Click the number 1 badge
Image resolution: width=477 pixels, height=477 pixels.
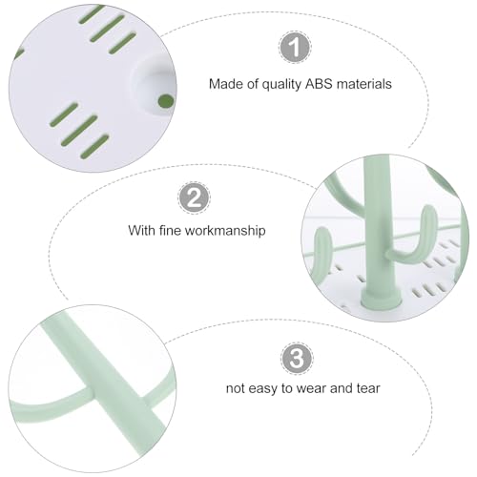point(295,47)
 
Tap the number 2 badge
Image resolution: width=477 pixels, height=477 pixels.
point(194,197)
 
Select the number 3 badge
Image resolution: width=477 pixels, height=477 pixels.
point(297,359)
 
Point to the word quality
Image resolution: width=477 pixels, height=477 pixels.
point(282,85)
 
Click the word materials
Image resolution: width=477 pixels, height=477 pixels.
point(364,84)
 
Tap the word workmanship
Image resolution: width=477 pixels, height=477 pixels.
point(225,231)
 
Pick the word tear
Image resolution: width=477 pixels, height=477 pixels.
point(368,388)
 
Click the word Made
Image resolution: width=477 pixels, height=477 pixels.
point(222,84)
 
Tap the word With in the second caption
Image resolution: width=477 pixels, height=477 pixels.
point(142,230)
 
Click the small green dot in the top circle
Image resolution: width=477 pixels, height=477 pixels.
point(166,101)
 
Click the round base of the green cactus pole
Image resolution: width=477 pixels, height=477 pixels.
point(381,300)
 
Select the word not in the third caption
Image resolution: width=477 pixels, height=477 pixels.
point(235,388)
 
